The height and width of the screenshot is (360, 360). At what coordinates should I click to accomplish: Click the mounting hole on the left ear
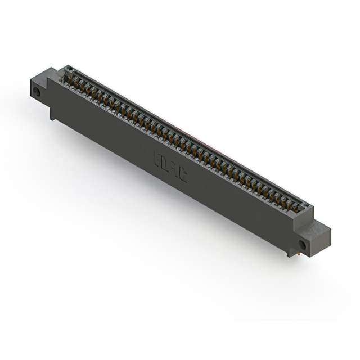click(x=38, y=92)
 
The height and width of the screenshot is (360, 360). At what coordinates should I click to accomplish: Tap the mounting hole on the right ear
click(x=303, y=245)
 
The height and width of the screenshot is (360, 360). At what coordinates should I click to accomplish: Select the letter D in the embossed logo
click(x=165, y=164)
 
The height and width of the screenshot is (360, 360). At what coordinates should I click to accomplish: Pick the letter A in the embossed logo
click(x=174, y=169)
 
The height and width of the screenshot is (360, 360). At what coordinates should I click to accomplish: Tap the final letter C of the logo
click(x=182, y=174)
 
